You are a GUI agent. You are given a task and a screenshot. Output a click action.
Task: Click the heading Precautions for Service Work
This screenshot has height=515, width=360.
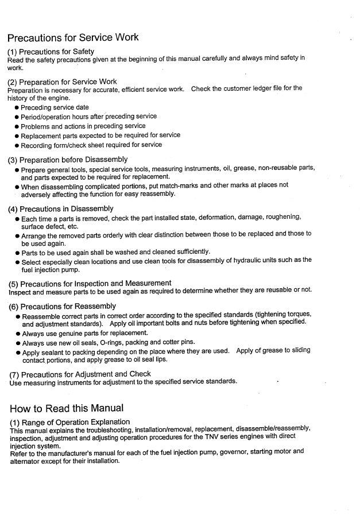tap(73, 38)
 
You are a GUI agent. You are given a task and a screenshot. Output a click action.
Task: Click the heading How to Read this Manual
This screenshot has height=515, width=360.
tap(67, 408)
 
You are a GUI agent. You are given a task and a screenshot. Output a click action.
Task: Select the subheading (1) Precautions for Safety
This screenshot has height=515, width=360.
tap(51, 52)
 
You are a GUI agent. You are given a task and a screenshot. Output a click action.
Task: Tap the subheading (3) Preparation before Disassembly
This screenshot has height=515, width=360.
tap(68, 159)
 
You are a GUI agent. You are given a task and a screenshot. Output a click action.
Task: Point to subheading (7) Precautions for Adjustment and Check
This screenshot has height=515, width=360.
tap(80, 374)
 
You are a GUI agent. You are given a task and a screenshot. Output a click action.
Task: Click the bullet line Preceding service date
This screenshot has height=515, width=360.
tap(55, 107)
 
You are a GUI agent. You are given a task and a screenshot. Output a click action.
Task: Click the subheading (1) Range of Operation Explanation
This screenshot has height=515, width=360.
tap(69, 422)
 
